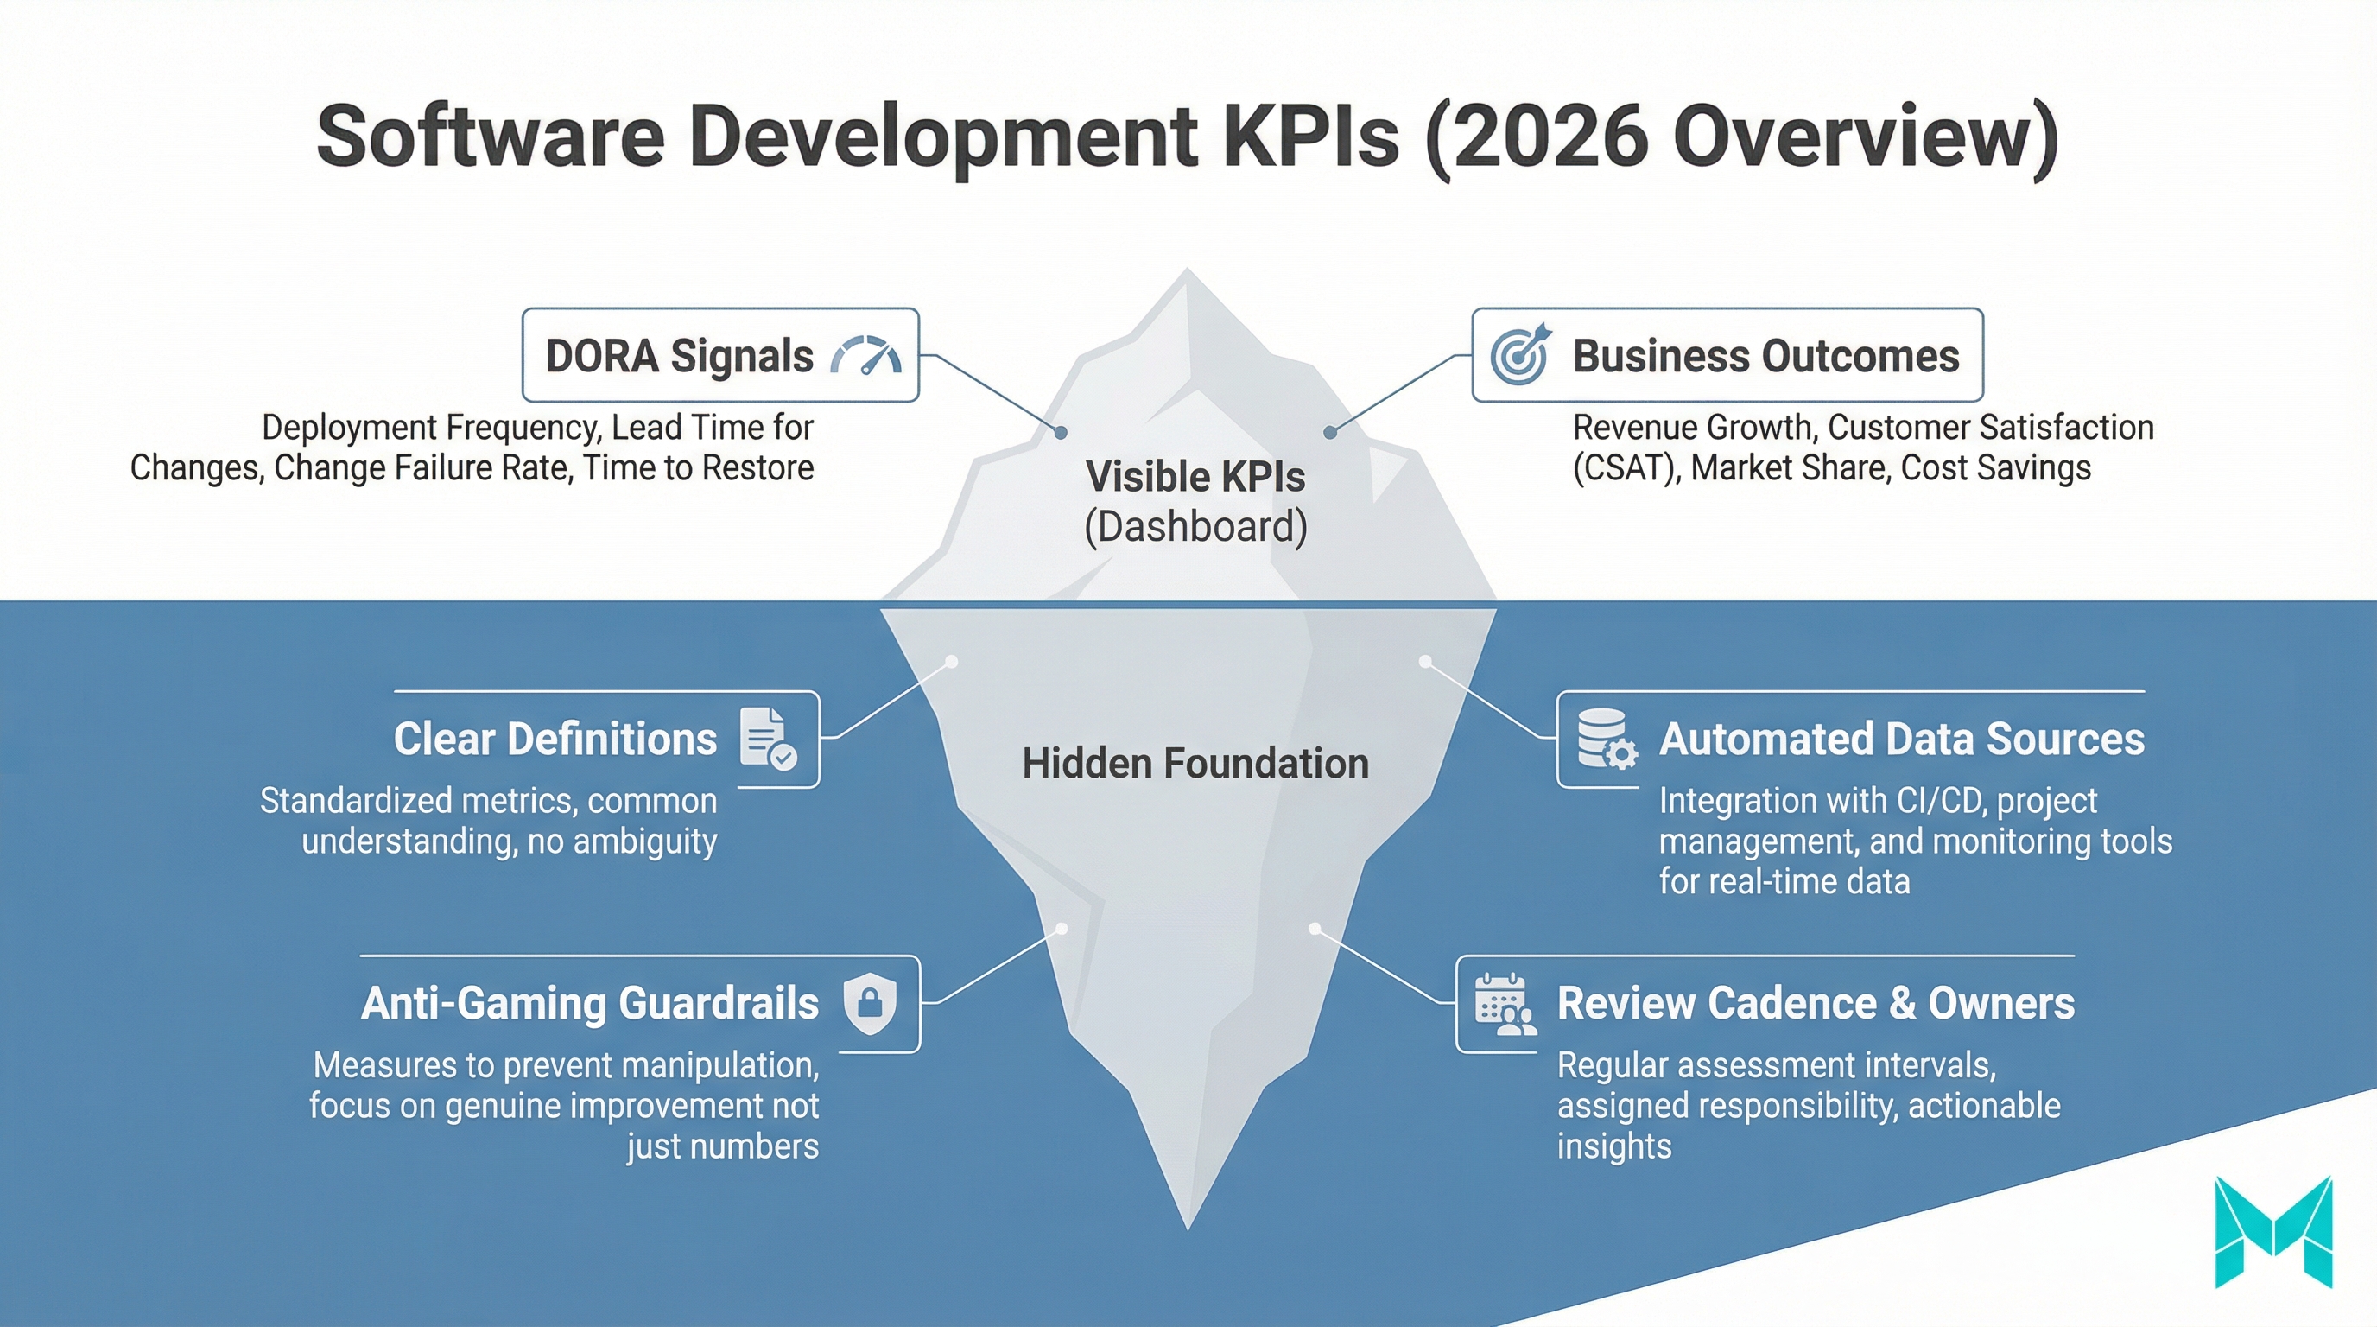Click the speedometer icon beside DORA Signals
(x=865, y=355)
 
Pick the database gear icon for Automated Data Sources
(x=1607, y=739)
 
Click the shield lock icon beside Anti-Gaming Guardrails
(x=870, y=1003)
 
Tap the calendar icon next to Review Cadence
(x=1504, y=1004)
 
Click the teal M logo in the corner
(x=2272, y=1232)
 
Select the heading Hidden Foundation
(x=1195, y=764)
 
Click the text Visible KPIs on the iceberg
(x=1195, y=477)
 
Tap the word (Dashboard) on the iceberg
(x=1195, y=527)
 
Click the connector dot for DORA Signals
(x=1062, y=432)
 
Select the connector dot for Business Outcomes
(x=1329, y=432)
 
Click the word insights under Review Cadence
(x=1613, y=1146)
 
